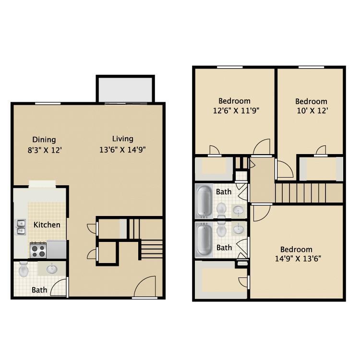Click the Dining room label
44,140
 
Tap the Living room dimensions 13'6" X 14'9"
122,149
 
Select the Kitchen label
47,225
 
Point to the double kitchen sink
21,227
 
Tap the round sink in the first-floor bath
52,269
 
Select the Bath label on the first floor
39,290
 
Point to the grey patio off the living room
125,89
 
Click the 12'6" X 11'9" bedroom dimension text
234,111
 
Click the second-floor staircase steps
300,193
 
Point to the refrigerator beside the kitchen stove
57,249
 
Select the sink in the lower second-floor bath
239,230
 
